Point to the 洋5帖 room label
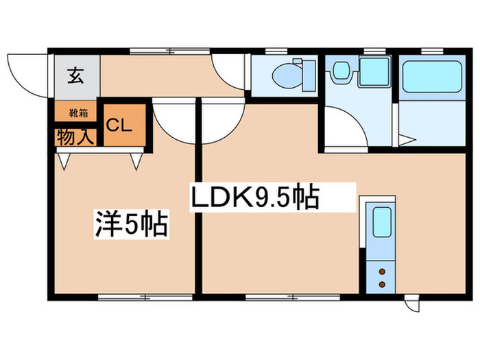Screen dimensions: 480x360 [130, 224]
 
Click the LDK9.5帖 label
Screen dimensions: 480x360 [254, 199]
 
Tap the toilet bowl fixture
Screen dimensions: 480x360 [288, 74]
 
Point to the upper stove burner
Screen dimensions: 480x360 [381, 272]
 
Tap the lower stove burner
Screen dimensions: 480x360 [381, 283]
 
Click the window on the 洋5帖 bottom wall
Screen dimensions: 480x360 [128, 298]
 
